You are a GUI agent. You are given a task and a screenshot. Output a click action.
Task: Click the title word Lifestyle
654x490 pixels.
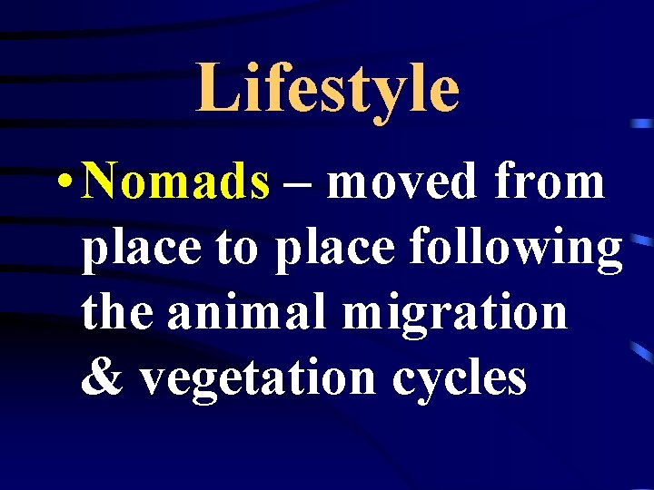pyautogui.click(x=327, y=89)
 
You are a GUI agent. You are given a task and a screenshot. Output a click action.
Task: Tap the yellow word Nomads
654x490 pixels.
pyautogui.click(x=175, y=182)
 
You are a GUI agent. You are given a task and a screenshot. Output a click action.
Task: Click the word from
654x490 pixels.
pyautogui.click(x=550, y=182)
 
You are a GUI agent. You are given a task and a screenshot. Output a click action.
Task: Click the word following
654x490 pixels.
pyautogui.click(x=516, y=249)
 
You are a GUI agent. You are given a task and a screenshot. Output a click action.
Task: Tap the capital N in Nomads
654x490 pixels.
pyautogui.click(x=103, y=181)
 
